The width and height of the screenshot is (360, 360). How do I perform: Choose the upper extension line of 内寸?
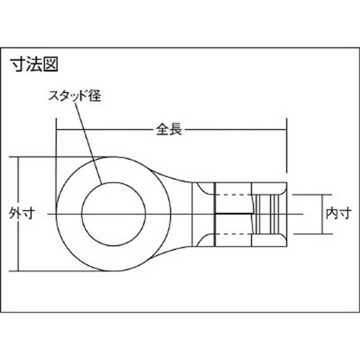(310, 194)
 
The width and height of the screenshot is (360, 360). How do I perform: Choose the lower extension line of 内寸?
(310, 234)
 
